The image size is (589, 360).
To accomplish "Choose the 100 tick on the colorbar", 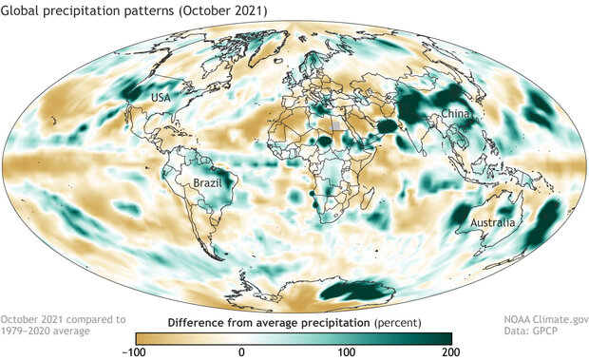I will click(347, 351).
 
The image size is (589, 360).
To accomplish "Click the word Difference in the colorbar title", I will click(213, 323).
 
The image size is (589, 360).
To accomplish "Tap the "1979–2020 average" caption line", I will click(46, 332).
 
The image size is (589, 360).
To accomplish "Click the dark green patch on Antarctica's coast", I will click(355, 288).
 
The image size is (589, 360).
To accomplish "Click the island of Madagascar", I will click(364, 210).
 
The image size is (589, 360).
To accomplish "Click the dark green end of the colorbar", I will click(442, 337).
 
